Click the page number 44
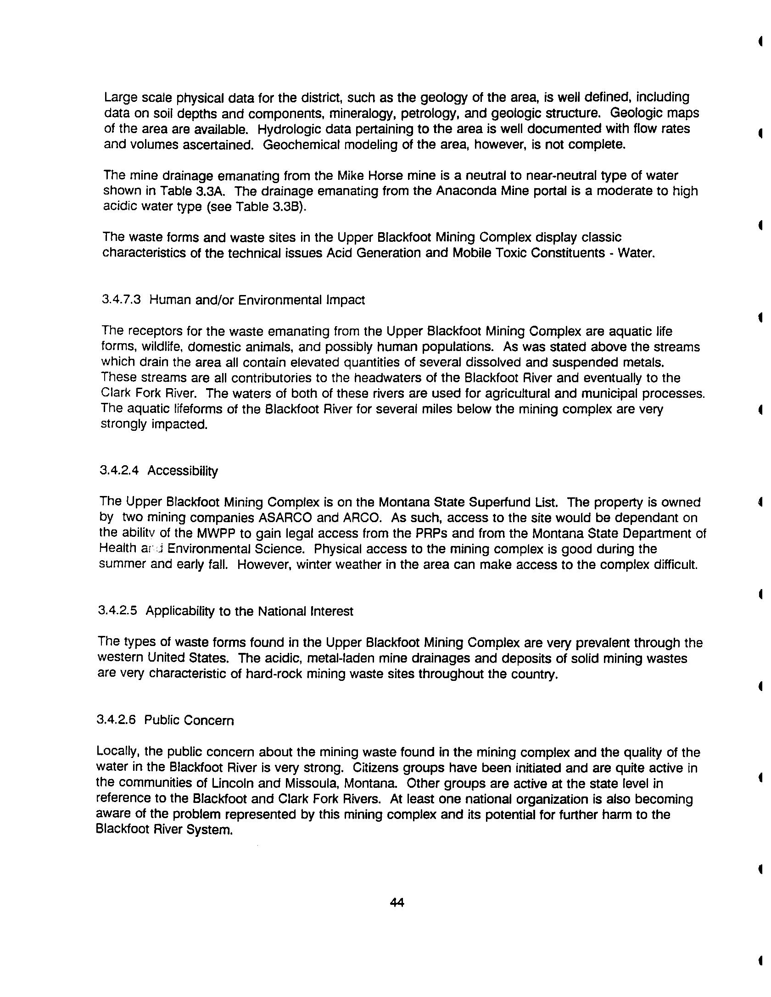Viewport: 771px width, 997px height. click(397, 902)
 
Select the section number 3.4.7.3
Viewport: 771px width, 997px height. click(121, 300)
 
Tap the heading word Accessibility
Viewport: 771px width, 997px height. click(183, 471)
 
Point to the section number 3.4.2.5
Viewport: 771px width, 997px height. click(117, 611)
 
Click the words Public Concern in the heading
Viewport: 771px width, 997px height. click(189, 720)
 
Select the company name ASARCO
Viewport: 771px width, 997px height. click(285, 518)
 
